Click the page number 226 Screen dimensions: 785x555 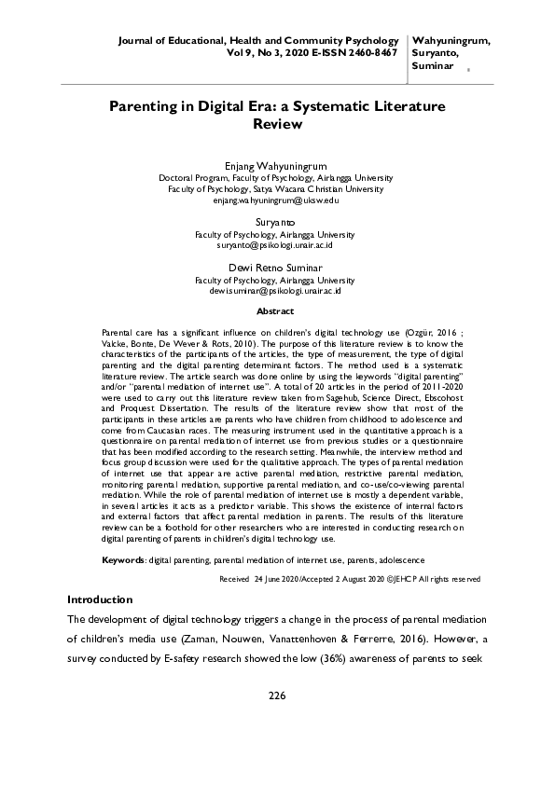(x=276, y=695)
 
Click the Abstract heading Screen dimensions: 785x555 (x=275, y=311)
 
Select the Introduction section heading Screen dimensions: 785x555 (x=100, y=599)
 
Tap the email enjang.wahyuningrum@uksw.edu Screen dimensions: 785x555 (x=275, y=200)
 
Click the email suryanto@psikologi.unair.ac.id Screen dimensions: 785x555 (x=275, y=245)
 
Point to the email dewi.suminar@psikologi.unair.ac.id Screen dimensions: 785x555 (x=275, y=291)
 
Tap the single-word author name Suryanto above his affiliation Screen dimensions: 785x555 (x=275, y=224)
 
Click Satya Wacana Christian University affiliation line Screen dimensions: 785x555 (x=275, y=188)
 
